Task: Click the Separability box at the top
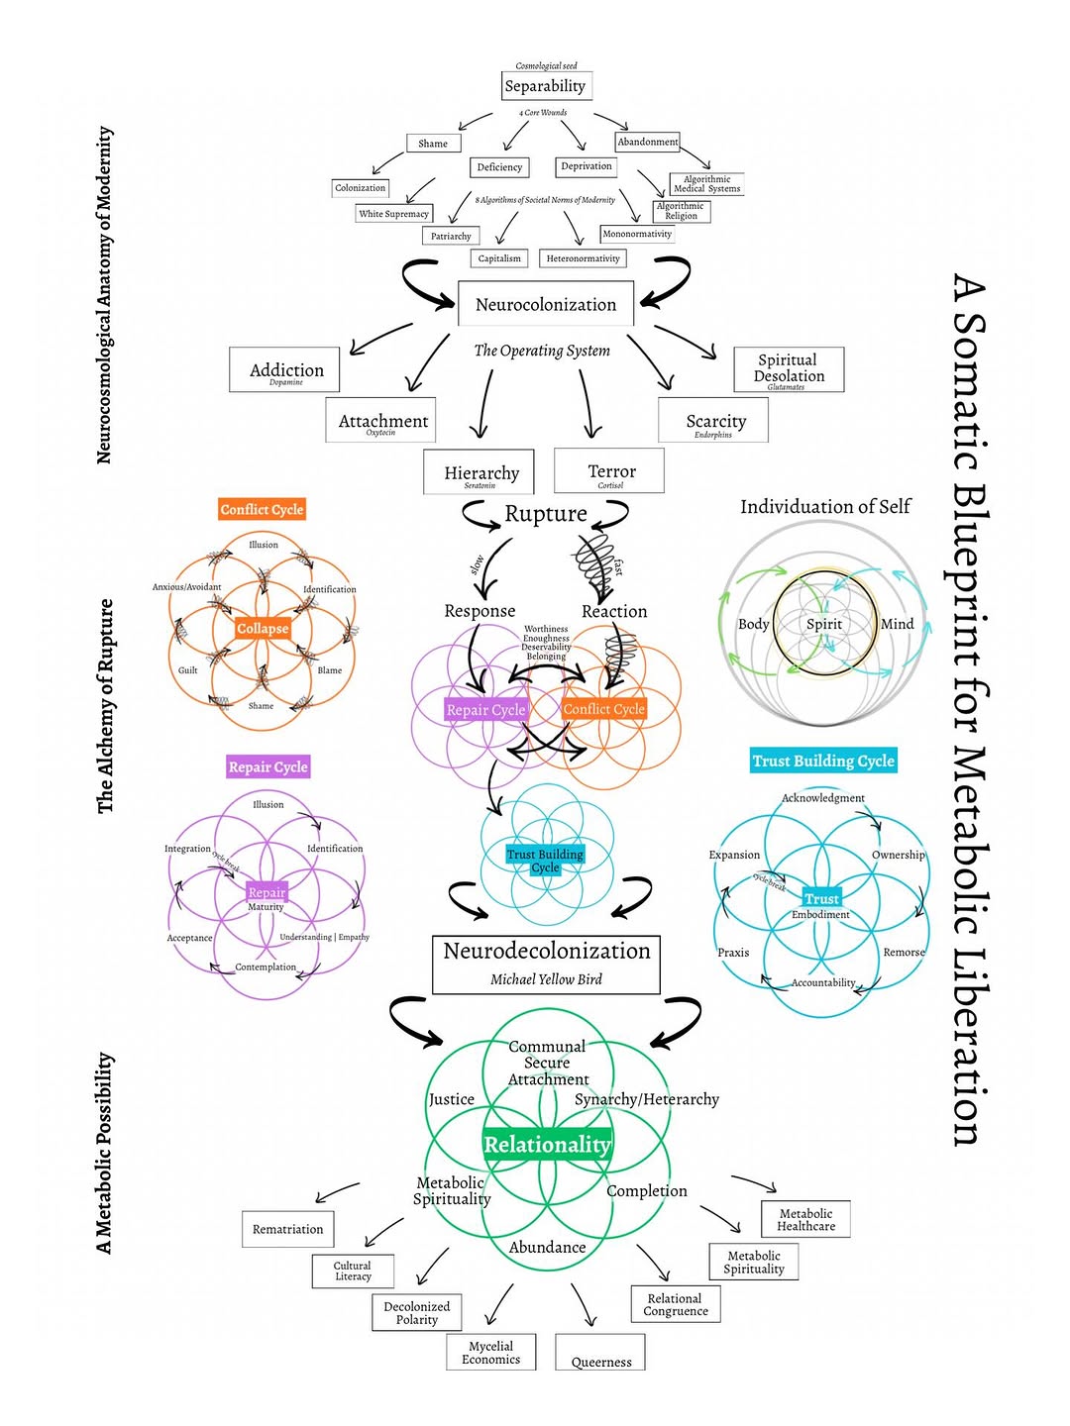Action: tap(546, 86)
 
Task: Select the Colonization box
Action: tap(361, 188)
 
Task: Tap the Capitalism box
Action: tap(499, 258)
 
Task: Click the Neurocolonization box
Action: tap(546, 304)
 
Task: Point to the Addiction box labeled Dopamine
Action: tap(285, 370)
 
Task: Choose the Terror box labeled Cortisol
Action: tap(610, 472)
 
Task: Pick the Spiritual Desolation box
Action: tap(789, 369)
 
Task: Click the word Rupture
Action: tap(546, 514)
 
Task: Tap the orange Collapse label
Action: tap(263, 629)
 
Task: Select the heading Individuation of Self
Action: tap(825, 507)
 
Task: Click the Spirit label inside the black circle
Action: tap(823, 624)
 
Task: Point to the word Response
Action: tap(480, 611)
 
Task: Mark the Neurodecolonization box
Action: tap(546, 964)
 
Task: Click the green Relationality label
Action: tap(547, 1145)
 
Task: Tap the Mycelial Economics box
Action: tap(490, 1353)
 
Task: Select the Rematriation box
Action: tap(287, 1229)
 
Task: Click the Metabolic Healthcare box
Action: tap(805, 1220)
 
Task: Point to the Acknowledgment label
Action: tap(823, 798)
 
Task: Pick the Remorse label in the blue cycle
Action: tap(904, 953)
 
